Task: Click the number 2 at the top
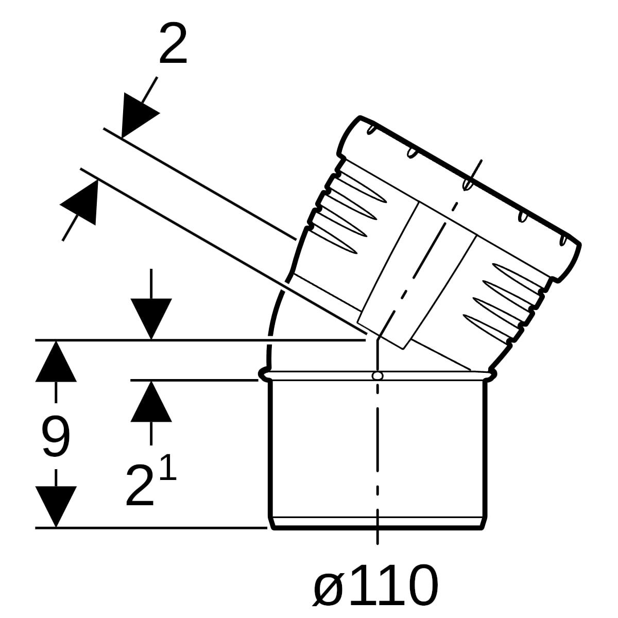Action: click(x=173, y=44)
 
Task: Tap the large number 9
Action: click(x=56, y=436)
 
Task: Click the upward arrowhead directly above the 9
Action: click(x=56, y=361)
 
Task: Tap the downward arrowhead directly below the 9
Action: click(x=56, y=506)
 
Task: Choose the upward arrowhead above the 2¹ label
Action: click(x=151, y=401)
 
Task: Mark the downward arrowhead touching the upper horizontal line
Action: click(x=151, y=319)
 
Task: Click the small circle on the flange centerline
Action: click(x=377, y=375)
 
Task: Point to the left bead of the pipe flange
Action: click(x=265, y=374)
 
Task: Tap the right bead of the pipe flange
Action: click(x=491, y=374)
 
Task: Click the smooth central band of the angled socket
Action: click(x=417, y=276)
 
